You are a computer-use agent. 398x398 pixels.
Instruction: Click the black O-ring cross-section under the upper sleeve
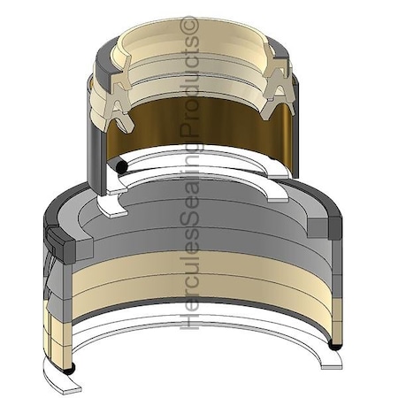121,167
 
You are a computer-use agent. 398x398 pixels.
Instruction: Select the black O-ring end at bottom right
335,346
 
